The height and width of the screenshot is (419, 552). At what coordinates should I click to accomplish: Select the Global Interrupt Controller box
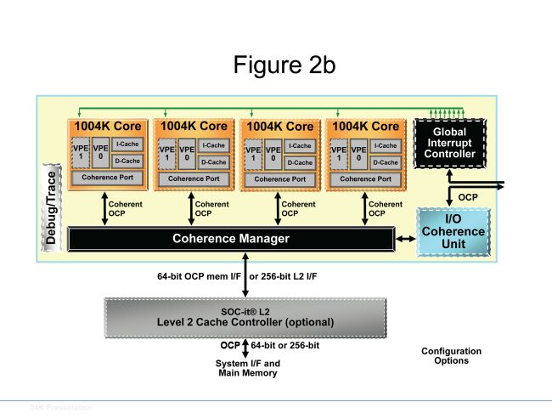(448, 143)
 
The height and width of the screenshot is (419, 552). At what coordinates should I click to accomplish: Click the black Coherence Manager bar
(231, 239)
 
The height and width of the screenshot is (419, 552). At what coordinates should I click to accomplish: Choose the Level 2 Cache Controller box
(245, 317)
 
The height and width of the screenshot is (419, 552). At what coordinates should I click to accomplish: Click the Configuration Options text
(451, 356)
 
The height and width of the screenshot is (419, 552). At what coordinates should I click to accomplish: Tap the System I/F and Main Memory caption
(246, 368)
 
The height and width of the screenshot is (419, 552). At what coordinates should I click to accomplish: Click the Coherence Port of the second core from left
(194, 178)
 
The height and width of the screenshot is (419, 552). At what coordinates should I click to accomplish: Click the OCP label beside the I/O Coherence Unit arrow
(469, 196)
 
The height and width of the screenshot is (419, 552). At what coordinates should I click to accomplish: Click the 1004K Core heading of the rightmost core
(367, 127)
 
